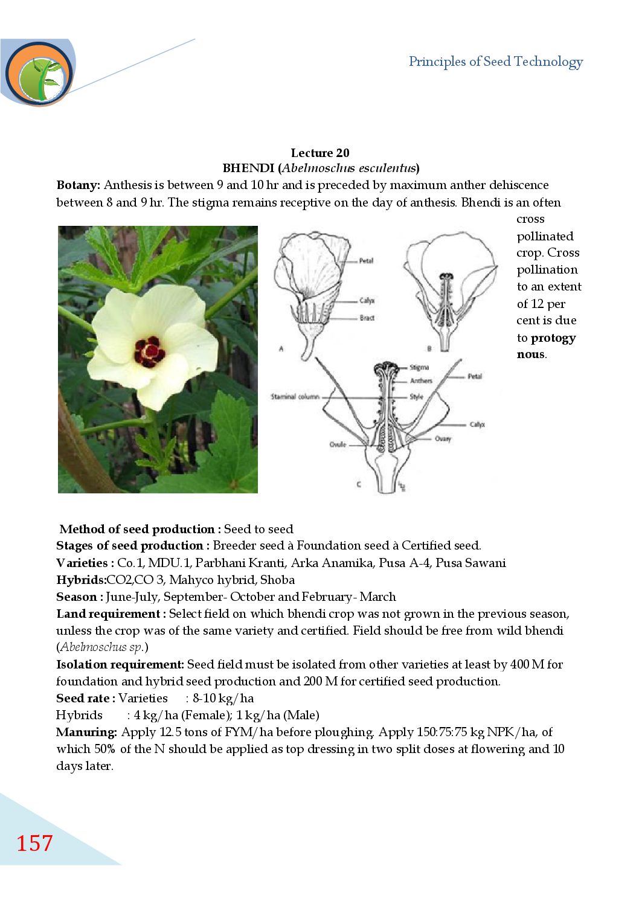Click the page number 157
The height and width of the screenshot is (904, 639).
point(34,843)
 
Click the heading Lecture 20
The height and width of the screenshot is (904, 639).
point(319,153)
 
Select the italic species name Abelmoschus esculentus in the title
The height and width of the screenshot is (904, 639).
point(349,168)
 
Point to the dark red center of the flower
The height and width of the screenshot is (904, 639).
point(149,351)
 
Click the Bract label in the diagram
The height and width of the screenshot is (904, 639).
point(367,318)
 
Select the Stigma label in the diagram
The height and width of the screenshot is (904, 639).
point(419,367)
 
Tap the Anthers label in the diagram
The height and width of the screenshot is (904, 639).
point(421,380)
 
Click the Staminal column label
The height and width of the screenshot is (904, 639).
point(295,397)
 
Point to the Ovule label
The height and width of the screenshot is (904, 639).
point(338,444)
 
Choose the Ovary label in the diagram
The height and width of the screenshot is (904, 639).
point(443,438)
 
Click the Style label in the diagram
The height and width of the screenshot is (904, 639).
point(416,397)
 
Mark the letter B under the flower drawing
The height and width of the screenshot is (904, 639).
point(429,348)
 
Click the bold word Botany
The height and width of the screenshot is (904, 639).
point(78,185)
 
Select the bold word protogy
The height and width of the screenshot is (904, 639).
point(553,338)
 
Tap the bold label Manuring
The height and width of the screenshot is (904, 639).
point(86,732)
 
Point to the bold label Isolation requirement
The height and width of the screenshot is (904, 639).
point(120,664)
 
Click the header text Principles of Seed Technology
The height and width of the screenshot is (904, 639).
point(495,62)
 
